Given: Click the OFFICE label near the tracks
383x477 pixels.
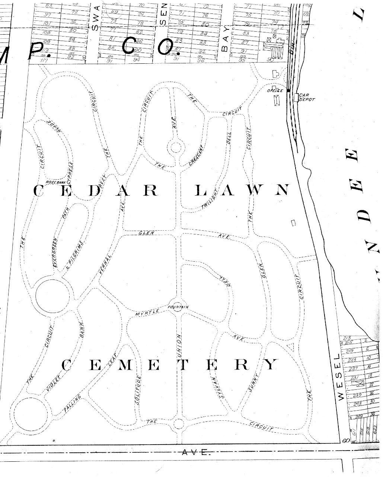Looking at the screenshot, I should (275, 91).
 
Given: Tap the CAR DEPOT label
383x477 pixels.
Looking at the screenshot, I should (307, 97).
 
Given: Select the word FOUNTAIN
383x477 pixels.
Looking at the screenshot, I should (178, 307).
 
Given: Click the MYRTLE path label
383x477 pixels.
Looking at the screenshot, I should (147, 313).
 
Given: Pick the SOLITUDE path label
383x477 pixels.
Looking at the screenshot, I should (138, 390).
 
